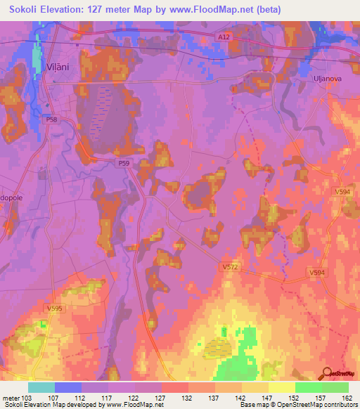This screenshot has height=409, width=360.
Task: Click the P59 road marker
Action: (123, 163)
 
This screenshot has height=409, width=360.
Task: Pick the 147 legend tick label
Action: (268, 397)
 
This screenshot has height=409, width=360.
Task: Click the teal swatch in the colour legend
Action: (41, 387)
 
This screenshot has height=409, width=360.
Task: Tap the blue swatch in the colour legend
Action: (67, 387)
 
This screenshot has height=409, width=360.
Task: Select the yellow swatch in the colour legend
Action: (281, 387)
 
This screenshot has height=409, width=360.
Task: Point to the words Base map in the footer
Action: (253, 405)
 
